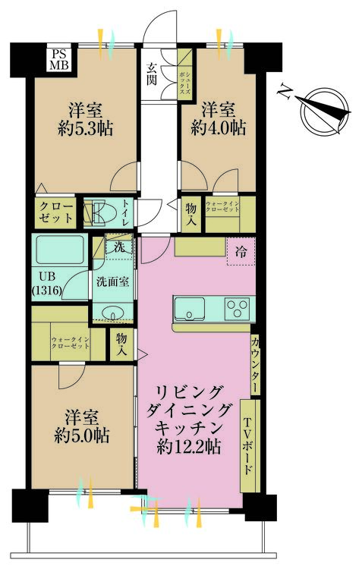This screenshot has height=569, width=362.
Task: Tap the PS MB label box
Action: (x=58, y=58)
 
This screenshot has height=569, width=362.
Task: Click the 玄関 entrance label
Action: (x=152, y=72)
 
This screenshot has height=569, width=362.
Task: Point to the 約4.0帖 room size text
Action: (x=216, y=127)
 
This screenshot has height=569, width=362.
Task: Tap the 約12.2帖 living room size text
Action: (x=190, y=447)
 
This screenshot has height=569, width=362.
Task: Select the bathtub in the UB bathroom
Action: (x=61, y=250)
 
